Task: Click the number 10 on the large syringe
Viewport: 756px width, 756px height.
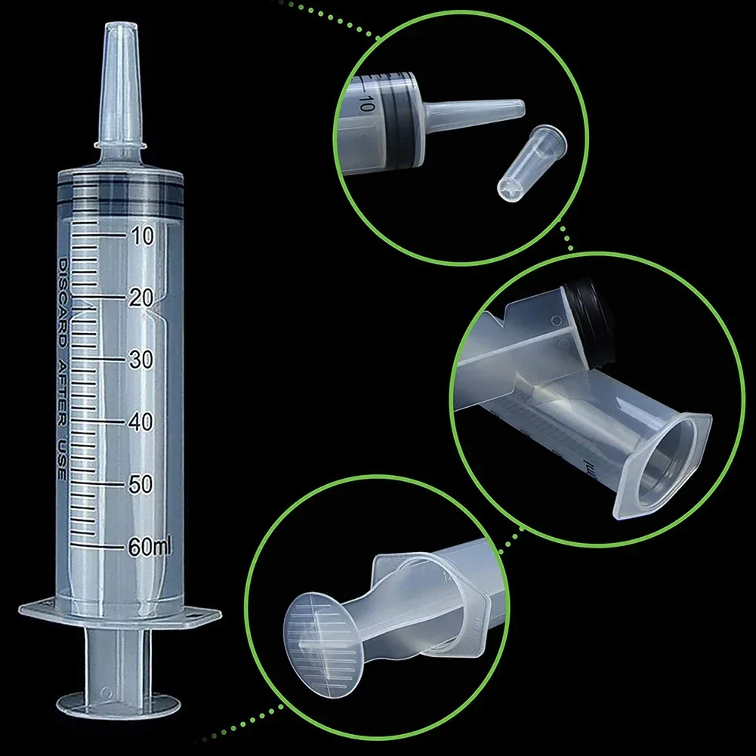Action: [140, 236]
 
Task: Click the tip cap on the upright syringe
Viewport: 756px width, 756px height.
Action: [119, 83]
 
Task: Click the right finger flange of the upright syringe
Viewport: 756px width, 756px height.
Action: [200, 613]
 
